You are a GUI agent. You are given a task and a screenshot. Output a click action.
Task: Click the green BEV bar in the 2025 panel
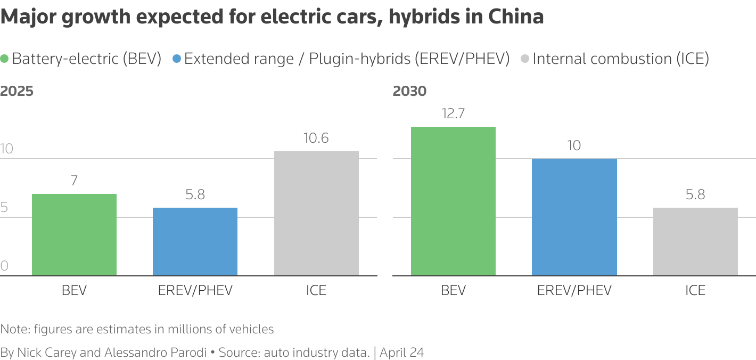tap(74, 235)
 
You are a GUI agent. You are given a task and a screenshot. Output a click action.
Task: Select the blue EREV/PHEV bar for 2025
tap(195, 242)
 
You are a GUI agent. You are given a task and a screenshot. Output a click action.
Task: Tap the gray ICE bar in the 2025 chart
tap(316, 214)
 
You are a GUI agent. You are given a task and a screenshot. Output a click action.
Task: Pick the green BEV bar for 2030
tap(453, 201)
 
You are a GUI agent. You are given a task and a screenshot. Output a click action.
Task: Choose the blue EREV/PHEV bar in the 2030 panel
tap(574, 217)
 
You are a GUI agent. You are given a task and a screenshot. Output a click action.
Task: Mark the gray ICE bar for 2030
tap(695, 242)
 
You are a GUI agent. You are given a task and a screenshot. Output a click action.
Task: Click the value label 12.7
tap(453, 113)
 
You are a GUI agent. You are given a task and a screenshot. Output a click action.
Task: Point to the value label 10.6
tap(316, 138)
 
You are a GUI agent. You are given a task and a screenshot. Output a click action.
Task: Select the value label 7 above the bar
tap(74, 181)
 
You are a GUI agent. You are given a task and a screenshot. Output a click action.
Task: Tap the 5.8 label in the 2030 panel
tap(695, 195)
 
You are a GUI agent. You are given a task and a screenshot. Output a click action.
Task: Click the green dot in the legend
tap(5, 59)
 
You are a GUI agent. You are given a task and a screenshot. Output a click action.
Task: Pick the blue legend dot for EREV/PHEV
tap(177, 59)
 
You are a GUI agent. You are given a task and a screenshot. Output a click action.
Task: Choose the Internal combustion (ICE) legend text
tap(621, 59)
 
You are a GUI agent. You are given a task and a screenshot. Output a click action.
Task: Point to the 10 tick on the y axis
tap(7, 149)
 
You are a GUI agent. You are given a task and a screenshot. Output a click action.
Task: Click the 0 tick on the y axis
tap(4, 266)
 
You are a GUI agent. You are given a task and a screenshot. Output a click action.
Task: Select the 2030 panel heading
tap(409, 91)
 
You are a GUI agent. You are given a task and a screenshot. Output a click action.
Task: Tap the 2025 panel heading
tap(17, 91)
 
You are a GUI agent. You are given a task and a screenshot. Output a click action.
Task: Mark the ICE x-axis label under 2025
tap(316, 290)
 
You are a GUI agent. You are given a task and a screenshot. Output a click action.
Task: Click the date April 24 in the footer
tap(402, 352)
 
